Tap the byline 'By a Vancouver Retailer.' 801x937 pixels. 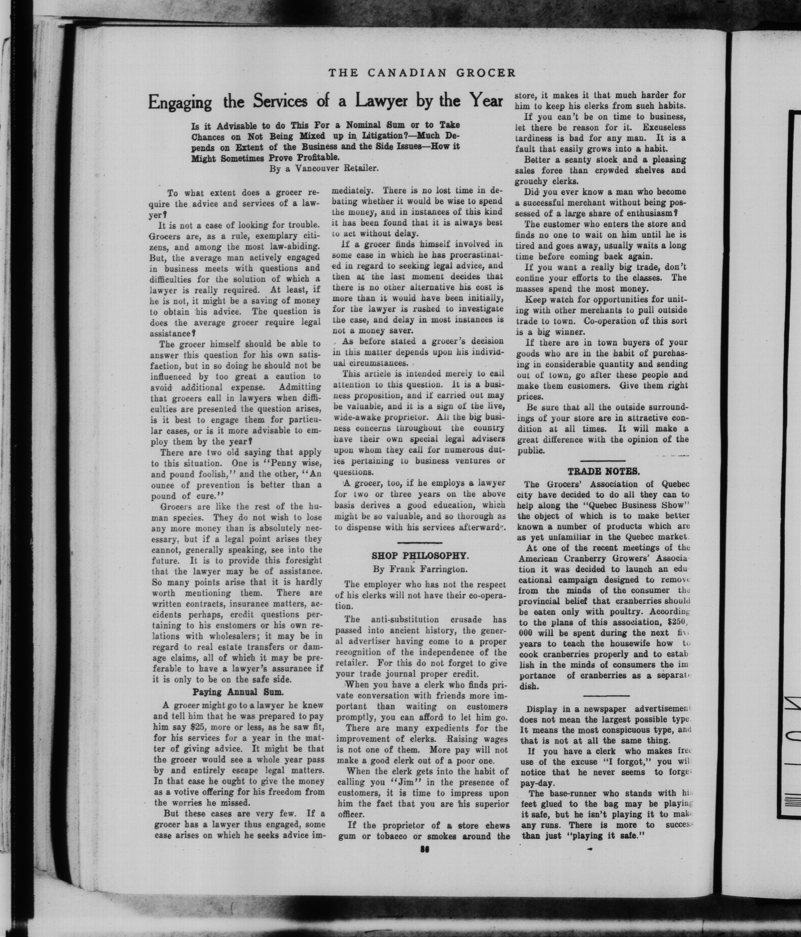(x=323, y=169)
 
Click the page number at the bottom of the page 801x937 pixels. (x=424, y=849)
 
